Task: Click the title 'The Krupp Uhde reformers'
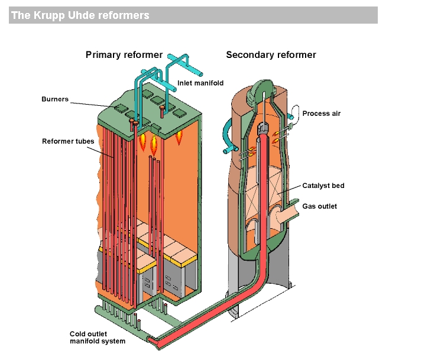click(x=80, y=15)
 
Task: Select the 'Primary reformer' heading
click(x=124, y=55)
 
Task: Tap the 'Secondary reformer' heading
click(x=271, y=55)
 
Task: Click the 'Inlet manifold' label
click(x=200, y=83)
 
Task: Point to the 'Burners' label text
click(x=55, y=99)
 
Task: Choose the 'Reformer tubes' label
click(x=68, y=141)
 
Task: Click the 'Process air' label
click(x=321, y=113)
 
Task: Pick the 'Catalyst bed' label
click(x=323, y=186)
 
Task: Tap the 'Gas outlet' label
click(x=319, y=206)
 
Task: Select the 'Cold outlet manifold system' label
click(x=98, y=338)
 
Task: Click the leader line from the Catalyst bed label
click(x=290, y=190)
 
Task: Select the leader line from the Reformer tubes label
click(x=101, y=153)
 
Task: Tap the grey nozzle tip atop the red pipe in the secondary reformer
click(x=263, y=127)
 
